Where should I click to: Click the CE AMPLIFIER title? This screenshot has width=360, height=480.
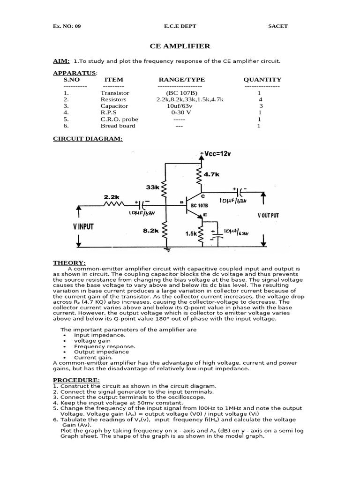coord(180,46)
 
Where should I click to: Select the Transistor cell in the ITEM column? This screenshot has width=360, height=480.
coord(114,93)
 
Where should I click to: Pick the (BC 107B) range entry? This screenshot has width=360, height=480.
coord(179,93)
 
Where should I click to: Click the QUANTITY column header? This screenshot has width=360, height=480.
coord(262,80)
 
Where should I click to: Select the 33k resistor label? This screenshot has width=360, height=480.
coord(153,187)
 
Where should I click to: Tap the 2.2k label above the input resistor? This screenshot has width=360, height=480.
coord(111,197)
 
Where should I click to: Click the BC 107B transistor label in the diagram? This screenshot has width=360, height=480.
coord(200,205)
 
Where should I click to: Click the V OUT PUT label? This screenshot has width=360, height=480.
coord(268,216)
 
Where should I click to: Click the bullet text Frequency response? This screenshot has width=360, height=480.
coord(105,346)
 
